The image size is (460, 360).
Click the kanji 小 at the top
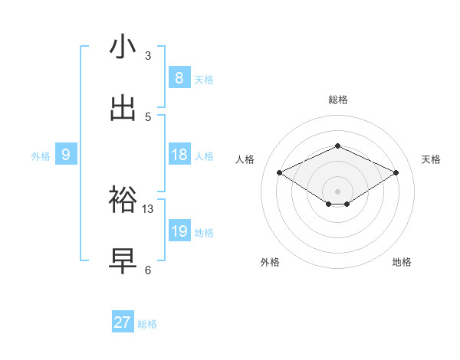tap(123, 47)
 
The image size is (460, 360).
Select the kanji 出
tap(123, 108)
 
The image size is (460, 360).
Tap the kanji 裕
tap(123, 200)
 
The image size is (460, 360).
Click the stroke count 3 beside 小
tap(148, 56)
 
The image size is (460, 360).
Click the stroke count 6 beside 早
tap(148, 270)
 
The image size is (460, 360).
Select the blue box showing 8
tap(179, 77)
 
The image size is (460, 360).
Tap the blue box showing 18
tap(179, 155)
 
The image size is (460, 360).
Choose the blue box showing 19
tap(179, 231)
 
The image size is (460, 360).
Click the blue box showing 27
tap(123, 322)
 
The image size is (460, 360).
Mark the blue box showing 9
tap(66, 155)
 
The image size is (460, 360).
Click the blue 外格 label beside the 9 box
tap(41, 156)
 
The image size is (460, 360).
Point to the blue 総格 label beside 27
tap(147, 324)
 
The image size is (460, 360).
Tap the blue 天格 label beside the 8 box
tap(204, 79)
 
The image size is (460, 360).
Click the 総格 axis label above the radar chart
tap(337, 100)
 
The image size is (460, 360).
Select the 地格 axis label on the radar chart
tap(402, 262)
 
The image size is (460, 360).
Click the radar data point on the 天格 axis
tap(396, 173)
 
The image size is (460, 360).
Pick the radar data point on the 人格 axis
tap(280, 173)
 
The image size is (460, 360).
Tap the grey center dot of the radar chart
tap(337, 190)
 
